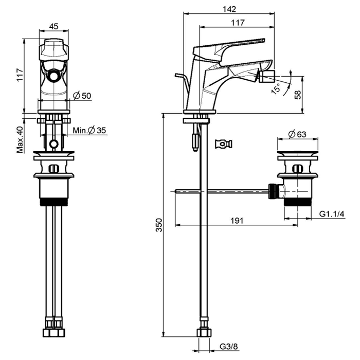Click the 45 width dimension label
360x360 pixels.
pos(53,27)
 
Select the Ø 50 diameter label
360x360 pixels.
pos(82,96)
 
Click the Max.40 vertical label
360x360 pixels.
pos(20,139)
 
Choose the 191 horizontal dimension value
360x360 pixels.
pos(236,220)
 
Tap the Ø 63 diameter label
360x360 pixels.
pos(297,135)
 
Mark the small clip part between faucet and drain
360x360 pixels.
pos(224,143)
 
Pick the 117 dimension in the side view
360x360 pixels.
pos(237,23)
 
